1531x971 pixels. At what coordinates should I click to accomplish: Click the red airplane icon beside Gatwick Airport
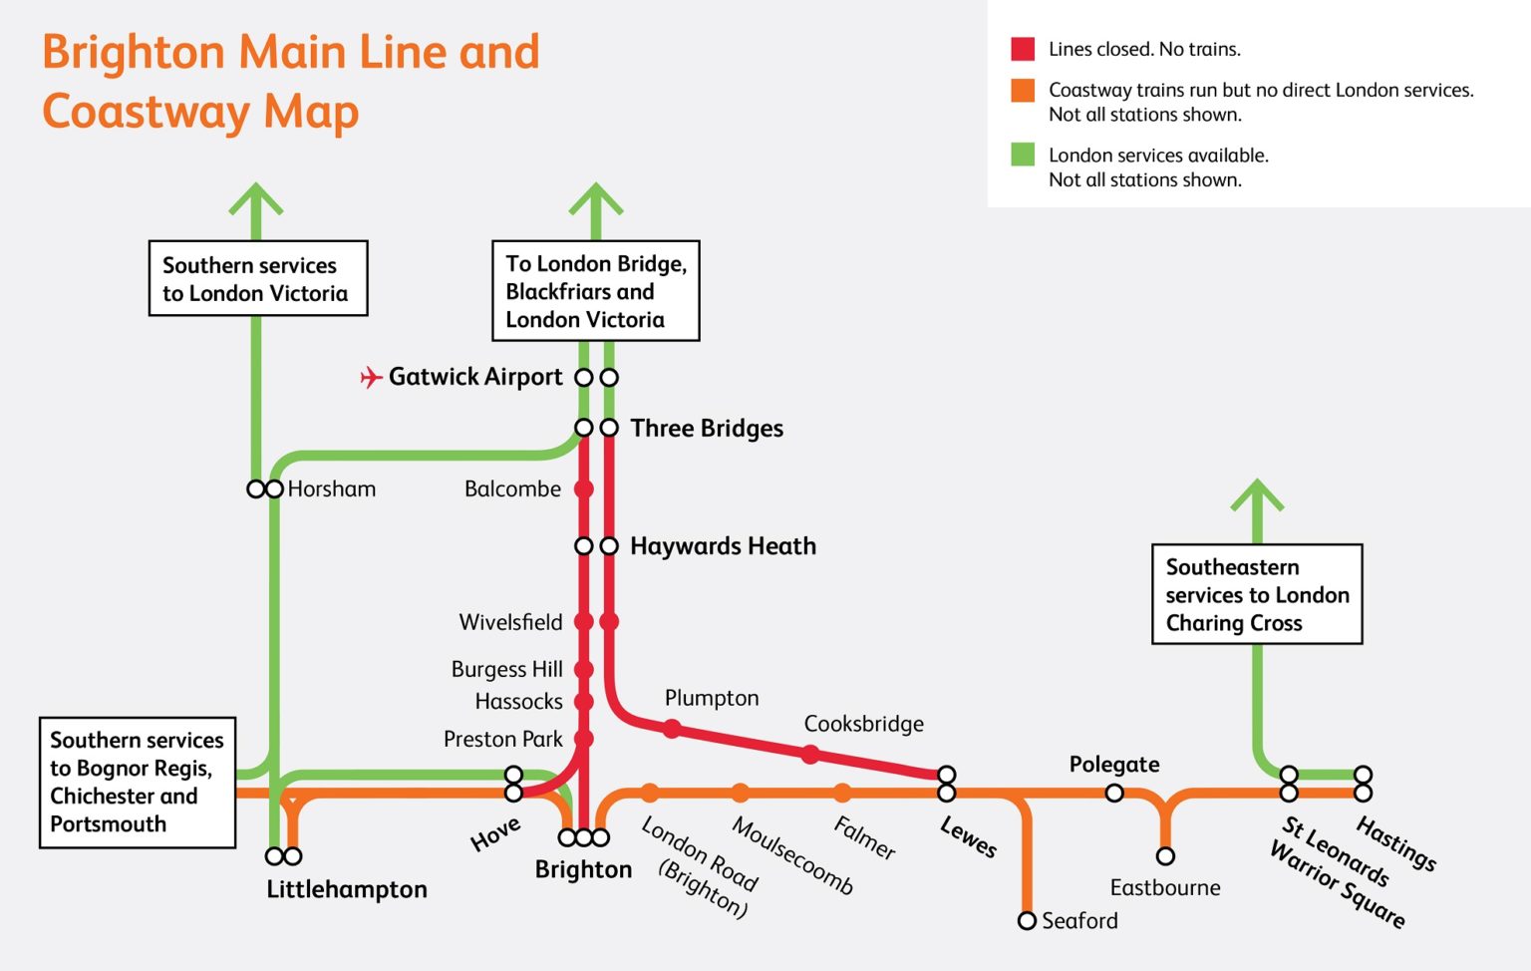(x=371, y=377)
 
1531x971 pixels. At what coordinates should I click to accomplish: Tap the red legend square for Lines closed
(x=1023, y=49)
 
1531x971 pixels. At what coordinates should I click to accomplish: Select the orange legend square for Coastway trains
(x=1023, y=91)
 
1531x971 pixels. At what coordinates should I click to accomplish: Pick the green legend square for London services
(x=1023, y=155)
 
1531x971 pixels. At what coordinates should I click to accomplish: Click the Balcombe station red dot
(x=584, y=489)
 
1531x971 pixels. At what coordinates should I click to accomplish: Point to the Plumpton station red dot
(x=673, y=729)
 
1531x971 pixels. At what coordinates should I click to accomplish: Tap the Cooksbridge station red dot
(x=810, y=755)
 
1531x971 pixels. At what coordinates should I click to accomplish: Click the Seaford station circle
(x=1027, y=920)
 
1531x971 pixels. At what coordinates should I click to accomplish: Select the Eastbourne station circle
(x=1165, y=856)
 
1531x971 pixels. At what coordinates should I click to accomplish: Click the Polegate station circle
(x=1114, y=793)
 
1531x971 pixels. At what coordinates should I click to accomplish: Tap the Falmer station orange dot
(x=842, y=793)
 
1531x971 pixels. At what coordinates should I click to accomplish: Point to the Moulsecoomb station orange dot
(x=740, y=793)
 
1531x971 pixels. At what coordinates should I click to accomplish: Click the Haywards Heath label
(x=723, y=546)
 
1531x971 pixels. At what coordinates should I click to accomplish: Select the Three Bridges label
(x=707, y=429)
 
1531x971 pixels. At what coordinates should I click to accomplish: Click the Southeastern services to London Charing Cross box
(x=1257, y=594)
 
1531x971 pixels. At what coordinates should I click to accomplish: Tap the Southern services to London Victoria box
(x=257, y=279)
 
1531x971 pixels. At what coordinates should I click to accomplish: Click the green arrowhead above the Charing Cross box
(x=1257, y=495)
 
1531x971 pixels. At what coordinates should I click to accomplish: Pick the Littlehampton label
(x=347, y=889)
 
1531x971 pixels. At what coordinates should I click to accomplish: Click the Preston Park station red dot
(x=584, y=739)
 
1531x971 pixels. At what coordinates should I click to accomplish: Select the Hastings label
(x=1396, y=843)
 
